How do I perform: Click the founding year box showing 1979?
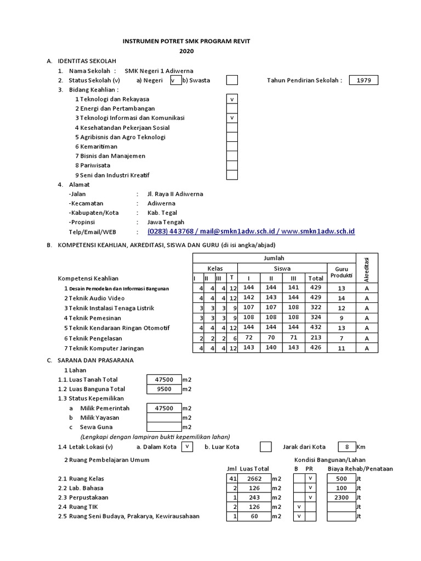(x=363, y=81)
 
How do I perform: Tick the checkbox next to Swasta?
(x=232, y=81)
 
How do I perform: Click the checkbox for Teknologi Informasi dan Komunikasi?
(x=232, y=118)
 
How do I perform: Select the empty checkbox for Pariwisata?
(x=232, y=165)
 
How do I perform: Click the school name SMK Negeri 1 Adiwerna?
(x=159, y=71)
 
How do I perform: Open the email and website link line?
(x=251, y=232)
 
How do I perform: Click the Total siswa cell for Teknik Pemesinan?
(x=316, y=318)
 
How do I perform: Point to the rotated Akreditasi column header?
(x=367, y=268)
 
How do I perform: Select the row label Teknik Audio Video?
(x=96, y=298)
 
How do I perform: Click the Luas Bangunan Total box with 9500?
(x=164, y=390)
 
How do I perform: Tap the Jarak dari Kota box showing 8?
(x=346, y=447)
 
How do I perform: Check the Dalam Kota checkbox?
(x=187, y=447)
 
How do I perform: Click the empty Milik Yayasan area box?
(x=164, y=417)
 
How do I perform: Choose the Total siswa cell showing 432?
(x=316, y=328)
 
